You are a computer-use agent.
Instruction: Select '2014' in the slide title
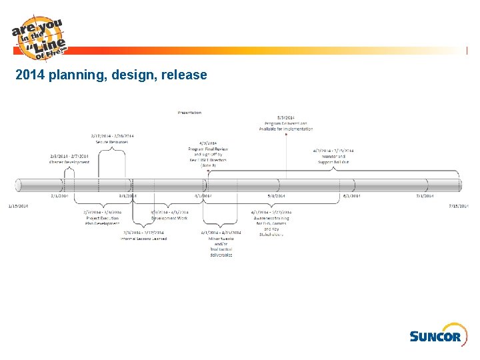30,75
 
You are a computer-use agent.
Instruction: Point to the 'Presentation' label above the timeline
189,113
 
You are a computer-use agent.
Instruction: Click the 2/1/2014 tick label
59,196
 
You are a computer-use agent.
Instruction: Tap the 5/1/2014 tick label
276,196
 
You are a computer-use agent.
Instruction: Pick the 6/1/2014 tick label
351,196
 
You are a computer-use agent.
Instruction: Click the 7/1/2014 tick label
425,196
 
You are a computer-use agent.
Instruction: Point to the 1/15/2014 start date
18,206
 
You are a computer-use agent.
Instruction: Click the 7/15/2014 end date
459,206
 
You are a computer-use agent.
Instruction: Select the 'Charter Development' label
69,162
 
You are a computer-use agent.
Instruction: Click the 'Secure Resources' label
111,141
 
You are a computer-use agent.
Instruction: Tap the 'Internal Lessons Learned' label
144,238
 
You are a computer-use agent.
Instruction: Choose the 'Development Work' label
169,218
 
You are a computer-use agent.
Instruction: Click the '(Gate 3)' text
208,165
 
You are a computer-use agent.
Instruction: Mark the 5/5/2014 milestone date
285,117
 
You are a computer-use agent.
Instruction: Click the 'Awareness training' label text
272,218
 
